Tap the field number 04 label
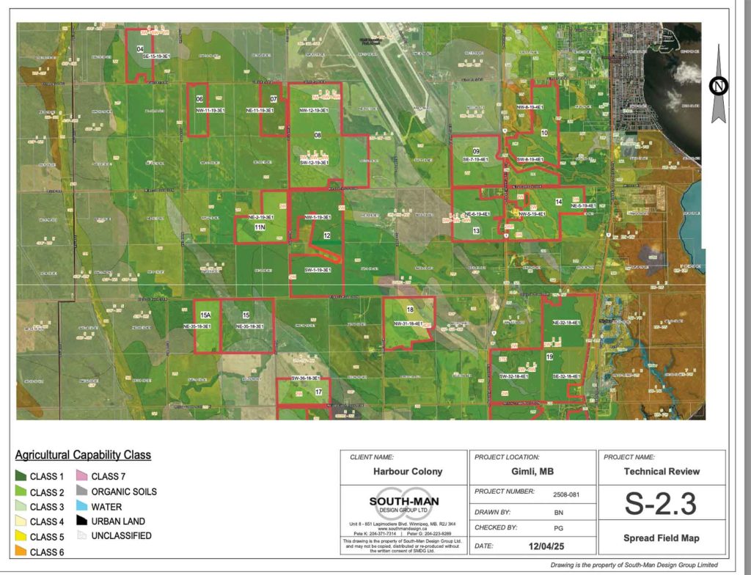(139, 50)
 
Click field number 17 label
(318, 392)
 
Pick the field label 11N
(259, 228)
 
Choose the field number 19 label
(549, 356)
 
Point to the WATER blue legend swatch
(82, 506)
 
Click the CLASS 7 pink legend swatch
(82, 477)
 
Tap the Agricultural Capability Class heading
(83, 455)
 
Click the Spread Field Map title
(662, 538)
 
